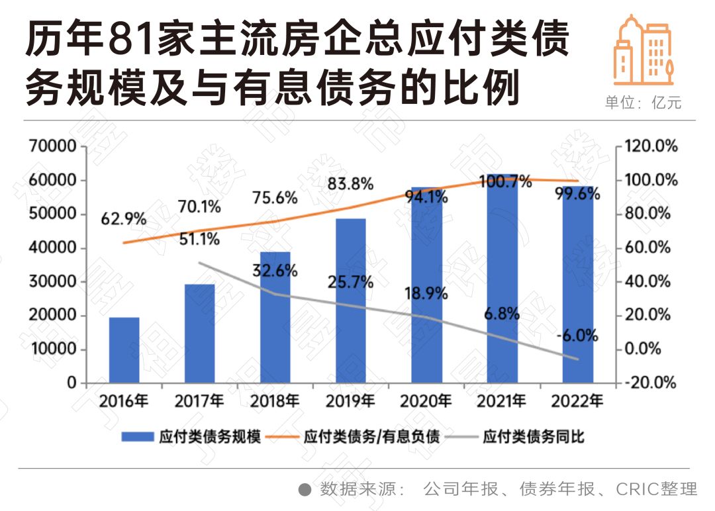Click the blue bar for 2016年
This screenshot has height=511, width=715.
pyautogui.click(x=124, y=350)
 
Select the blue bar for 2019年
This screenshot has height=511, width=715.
pyautogui.click(x=350, y=301)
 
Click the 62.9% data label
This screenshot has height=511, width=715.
pyautogui.click(x=124, y=218)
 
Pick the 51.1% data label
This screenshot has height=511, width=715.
pyautogui.click(x=199, y=239)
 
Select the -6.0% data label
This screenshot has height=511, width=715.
pyautogui.click(x=577, y=336)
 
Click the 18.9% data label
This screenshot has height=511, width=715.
pyautogui.click(x=425, y=293)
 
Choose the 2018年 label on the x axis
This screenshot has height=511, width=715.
pyautogui.click(x=275, y=401)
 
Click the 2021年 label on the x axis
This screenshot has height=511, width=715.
pyautogui.click(x=502, y=401)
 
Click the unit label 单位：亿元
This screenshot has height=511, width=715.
pyautogui.click(x=642, y=103)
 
